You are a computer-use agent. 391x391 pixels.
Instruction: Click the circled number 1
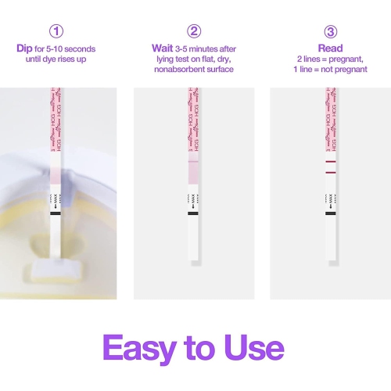(56, 32)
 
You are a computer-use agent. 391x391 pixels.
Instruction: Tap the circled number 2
(194, 32)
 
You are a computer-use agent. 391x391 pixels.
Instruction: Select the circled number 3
(330, 32)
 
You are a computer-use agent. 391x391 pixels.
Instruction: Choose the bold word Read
(330, 48)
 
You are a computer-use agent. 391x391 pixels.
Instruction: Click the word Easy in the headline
(143, 346)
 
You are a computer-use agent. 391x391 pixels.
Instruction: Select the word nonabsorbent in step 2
(179, 68)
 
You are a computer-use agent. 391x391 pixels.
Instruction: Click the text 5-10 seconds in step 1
(71, 48)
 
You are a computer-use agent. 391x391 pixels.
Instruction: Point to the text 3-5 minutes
(199, 48)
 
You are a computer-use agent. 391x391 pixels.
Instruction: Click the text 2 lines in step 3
(308, 59)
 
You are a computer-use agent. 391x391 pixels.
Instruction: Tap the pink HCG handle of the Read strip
(330, 117)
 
